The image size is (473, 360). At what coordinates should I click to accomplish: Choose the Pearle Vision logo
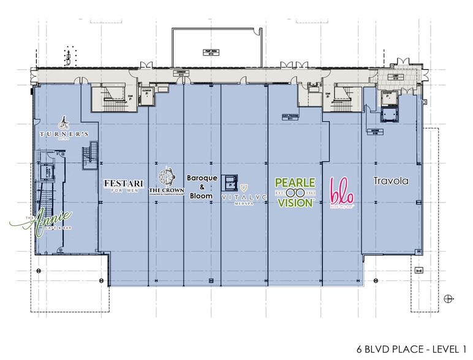click(295, 193)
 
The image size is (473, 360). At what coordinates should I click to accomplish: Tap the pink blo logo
click(341, 191)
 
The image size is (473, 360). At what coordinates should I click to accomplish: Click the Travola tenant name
click(390, 181)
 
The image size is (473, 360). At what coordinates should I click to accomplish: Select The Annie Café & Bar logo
click(48, 221)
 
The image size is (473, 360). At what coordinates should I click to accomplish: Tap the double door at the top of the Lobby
click(403, 63)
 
